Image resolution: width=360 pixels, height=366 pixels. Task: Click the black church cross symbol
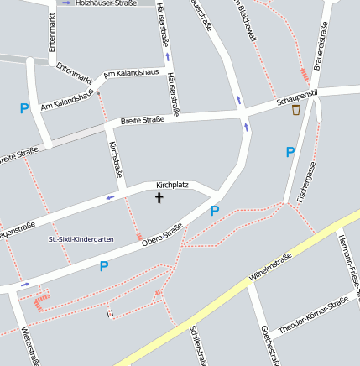[159, 198]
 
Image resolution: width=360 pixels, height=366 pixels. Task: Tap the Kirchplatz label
[172, 185]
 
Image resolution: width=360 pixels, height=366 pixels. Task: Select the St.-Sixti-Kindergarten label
[81, 239]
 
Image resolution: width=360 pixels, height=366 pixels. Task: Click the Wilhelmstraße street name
[270, 266]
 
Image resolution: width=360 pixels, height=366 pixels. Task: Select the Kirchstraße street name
[116, 163]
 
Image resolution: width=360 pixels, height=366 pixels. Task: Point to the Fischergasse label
[305, 183]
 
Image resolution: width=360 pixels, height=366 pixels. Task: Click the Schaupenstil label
[297, 99]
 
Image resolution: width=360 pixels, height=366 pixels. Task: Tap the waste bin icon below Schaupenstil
[295, 110]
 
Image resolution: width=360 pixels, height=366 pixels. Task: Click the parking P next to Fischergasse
[290, 152]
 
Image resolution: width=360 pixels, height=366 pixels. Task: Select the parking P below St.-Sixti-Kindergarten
[104, 267]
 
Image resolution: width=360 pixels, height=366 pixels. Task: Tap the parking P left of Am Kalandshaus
[24, 108]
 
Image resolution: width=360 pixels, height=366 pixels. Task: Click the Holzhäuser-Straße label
[106, 3]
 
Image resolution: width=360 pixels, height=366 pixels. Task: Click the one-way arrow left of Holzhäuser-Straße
[66, 3]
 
